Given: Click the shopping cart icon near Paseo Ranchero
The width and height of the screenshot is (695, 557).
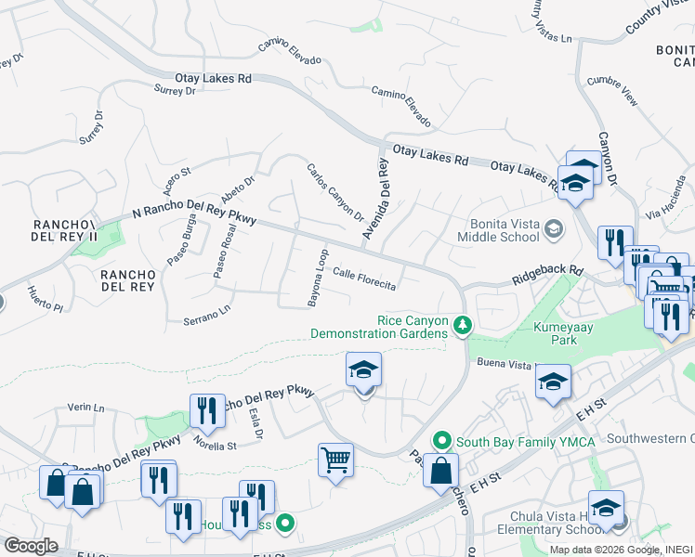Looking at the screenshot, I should [335, 460].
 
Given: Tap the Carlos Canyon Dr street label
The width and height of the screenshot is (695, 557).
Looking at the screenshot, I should [334, 193].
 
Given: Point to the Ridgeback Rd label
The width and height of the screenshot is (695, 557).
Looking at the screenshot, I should [548, 276].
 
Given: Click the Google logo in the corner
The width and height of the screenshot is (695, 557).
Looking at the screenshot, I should [30, 545].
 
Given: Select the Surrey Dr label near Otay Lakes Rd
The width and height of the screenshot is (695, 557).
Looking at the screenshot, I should [175, 91].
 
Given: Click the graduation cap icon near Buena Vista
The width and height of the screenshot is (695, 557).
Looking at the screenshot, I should [553, 382].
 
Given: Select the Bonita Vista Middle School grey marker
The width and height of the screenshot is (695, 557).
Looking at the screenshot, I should [554, 228].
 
